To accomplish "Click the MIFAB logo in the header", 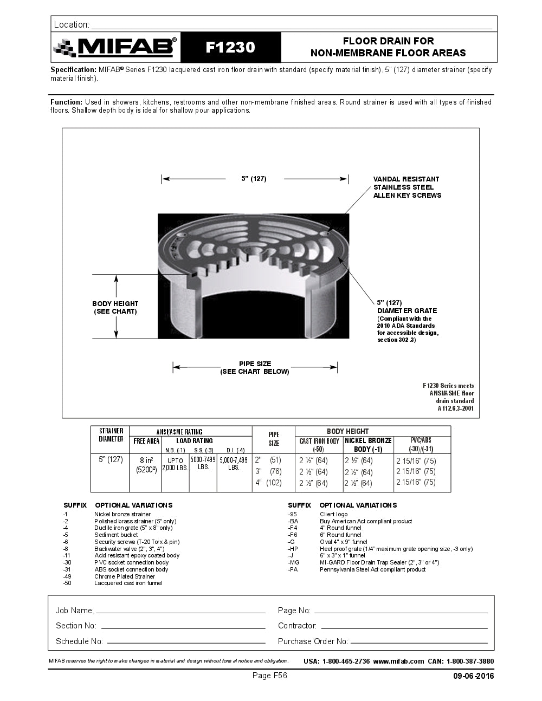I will [x=115, y=48].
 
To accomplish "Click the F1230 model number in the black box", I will [x=230, y=48].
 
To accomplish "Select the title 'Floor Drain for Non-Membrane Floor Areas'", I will [x=388, y=47].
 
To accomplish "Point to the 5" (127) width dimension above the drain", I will [x=254, y=179].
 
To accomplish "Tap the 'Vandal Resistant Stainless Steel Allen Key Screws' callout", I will [x=407, y=187].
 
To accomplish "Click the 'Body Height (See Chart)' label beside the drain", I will [x=115, y=308].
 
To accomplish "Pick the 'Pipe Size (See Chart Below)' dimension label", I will [x=255, y=368].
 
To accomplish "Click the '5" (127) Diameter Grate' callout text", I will [x=407, y=307].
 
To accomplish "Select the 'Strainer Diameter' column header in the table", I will [x=111, y=435].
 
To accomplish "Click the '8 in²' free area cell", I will [x=146, y=460].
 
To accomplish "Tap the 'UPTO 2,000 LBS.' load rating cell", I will [x=175, y=464].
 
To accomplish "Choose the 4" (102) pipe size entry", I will [x=268, y=483].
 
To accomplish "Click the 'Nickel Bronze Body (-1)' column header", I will [x=368, y=445].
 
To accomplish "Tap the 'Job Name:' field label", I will [x=74, y=611].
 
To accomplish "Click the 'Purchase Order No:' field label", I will [x=313, y=641].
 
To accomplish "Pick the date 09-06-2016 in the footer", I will [x=473, y=676].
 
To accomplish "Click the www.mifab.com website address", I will [x=398, y=661].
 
